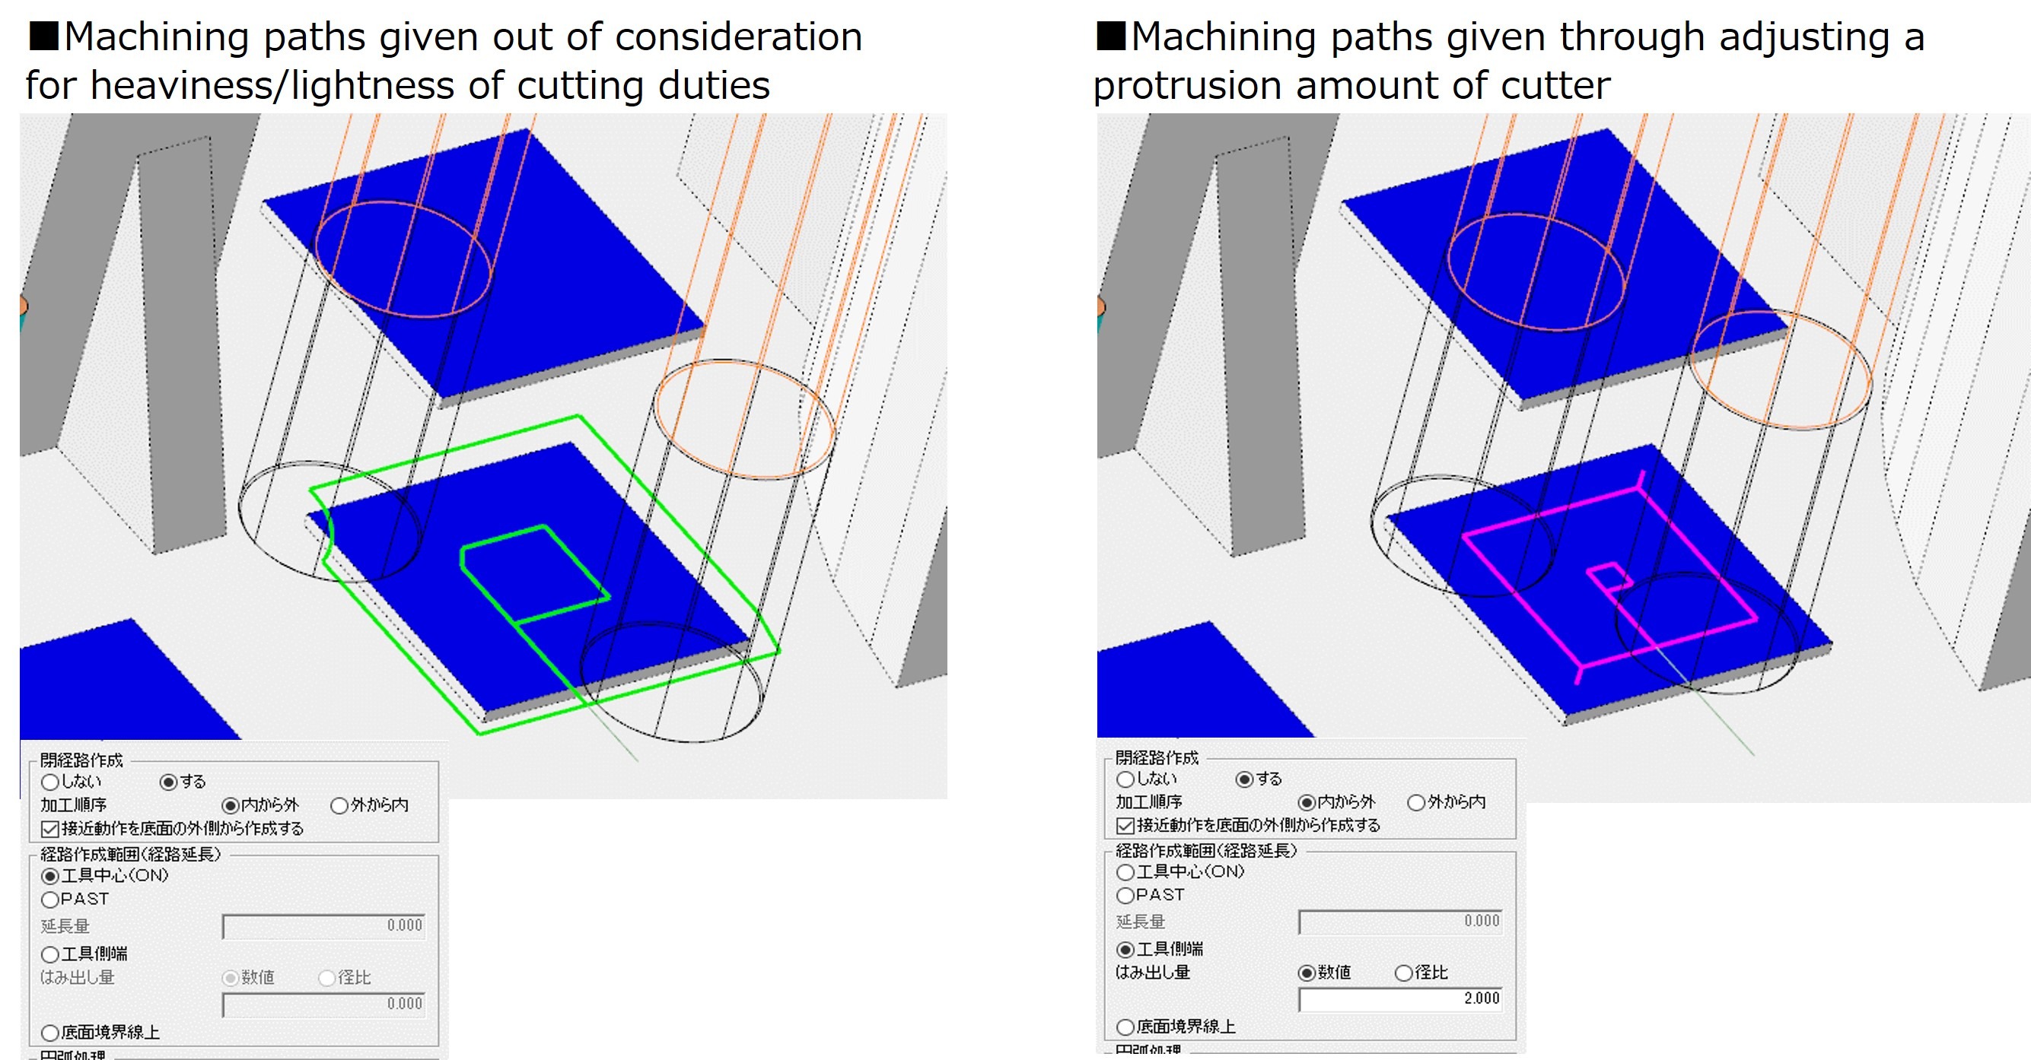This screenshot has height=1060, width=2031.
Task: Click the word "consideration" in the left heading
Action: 738,37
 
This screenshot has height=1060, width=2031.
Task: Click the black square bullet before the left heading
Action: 43,36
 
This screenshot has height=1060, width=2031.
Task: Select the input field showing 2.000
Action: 1400,998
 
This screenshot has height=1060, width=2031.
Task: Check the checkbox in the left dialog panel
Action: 49,829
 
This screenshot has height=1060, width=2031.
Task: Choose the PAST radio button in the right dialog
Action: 1125,895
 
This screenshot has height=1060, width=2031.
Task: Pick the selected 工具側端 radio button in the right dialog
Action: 1125,950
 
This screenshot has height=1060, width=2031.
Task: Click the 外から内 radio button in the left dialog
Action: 340,805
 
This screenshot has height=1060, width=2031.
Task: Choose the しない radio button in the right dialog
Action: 1125,779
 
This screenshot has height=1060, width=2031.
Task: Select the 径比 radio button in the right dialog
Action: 1403,973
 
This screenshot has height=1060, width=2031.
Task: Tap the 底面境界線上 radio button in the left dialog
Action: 50,1033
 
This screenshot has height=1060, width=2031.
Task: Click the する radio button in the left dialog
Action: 168,782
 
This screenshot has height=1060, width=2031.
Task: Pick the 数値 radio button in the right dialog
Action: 1307,973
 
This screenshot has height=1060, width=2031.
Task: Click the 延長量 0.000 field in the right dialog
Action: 1400,922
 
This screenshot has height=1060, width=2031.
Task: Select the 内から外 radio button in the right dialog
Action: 1307,803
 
